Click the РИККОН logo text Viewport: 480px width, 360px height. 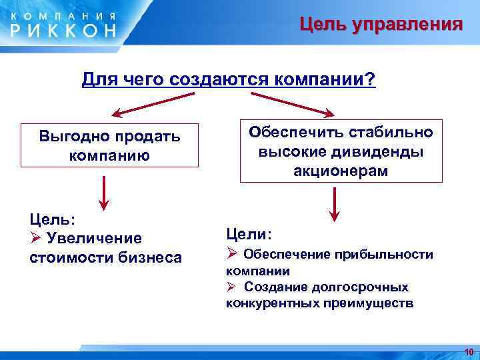coord(63,29)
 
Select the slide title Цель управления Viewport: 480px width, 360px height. coord(380,25)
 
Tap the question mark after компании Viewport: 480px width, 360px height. coord(371,81)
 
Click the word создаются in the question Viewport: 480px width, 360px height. coord(212,81)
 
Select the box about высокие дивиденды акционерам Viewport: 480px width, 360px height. coord(341,151)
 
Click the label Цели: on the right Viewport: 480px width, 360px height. coord(249,234)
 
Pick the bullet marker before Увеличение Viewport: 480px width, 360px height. coord(36,238)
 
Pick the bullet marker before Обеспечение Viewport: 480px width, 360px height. coord(232,254)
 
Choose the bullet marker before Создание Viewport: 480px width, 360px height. coord(231,287)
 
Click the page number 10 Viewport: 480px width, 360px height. coord(469,351)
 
